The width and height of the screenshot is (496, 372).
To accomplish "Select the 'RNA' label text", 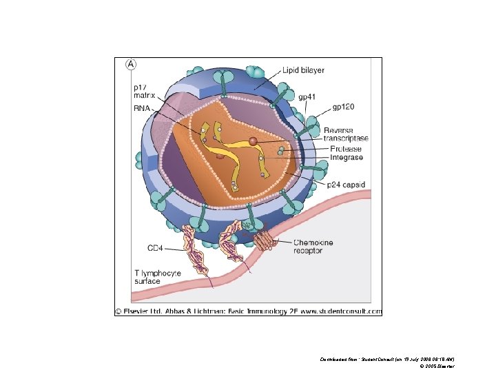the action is [x=143, y=107].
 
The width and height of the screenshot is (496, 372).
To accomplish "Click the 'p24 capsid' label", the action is [x=345, y=184].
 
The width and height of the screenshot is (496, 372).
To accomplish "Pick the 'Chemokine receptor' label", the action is [x=314, y=247].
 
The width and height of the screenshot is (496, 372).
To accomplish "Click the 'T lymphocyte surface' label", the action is [x=157, y=277].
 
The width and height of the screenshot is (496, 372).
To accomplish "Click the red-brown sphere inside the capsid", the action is [x=254, y=141].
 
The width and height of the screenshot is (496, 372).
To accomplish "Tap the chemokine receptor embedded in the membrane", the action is [x=264, y=240].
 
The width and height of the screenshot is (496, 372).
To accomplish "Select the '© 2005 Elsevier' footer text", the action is [x=436, y=366].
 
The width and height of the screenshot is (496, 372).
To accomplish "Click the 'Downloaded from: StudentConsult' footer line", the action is [x=386, y=360].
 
